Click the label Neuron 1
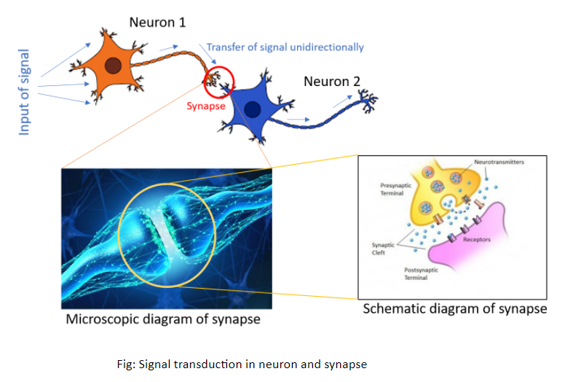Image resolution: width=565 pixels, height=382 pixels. [157, 22]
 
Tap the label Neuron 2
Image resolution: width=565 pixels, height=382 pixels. [331, 81]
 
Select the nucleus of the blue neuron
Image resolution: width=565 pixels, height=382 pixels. [251, 109]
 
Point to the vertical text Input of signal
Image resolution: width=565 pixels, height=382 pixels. [25, 92]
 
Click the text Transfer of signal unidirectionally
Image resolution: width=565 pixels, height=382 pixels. [285, 47]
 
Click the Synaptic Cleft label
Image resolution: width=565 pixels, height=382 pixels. [382, 249]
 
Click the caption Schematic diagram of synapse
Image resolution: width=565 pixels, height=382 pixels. [455, 309]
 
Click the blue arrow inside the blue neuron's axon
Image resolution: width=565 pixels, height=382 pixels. [296, 119]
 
